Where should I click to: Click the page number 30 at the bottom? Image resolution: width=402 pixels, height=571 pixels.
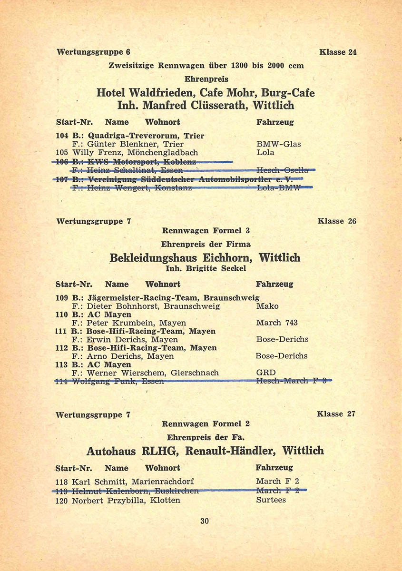tap(205, 521)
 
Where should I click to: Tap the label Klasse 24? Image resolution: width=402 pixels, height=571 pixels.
tap(338, 52)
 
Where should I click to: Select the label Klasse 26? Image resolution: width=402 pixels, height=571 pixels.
tap(337, 221)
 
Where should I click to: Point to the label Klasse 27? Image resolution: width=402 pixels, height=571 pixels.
tap(336, 414)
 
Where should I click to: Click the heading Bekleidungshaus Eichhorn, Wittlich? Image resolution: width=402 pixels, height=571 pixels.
tap(205, 258)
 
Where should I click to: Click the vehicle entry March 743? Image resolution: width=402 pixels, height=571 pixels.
tap(276, 323)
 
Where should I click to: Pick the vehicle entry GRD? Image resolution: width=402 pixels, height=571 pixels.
tap(265, 373)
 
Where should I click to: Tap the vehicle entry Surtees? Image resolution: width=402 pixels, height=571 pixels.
tap(271, 500)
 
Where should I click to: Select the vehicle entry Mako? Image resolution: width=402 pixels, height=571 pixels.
tap(267, 306)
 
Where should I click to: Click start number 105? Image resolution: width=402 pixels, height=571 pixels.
tap(62, 153)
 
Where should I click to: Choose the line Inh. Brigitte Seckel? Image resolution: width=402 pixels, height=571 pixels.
tap(206, 269)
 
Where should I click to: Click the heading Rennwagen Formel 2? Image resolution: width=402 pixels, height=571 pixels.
tap(206, 423)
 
